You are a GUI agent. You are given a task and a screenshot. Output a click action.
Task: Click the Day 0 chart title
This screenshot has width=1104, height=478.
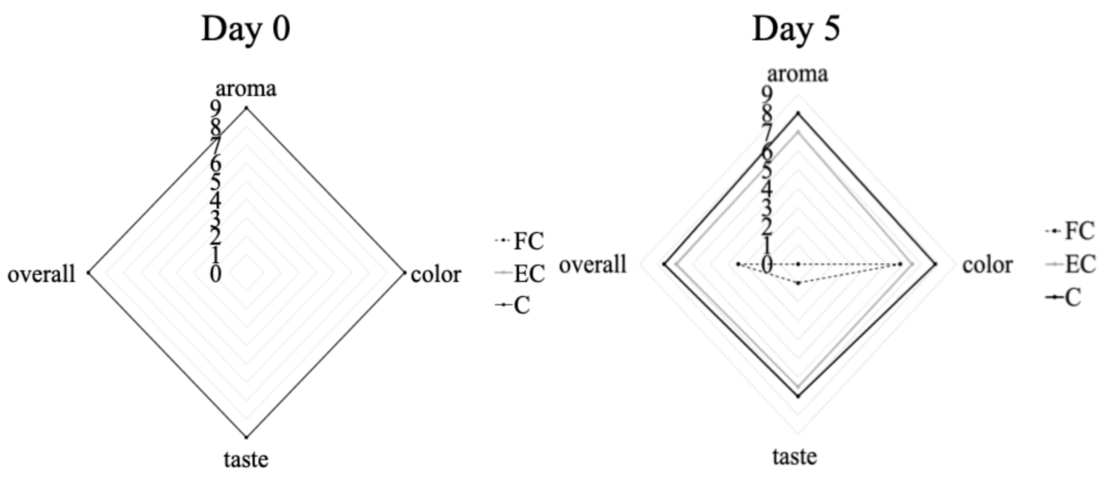pyautogui.click(x=245, y=29)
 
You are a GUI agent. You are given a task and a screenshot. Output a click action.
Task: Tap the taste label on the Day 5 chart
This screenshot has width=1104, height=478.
pyautogui.click(x=795, y=456)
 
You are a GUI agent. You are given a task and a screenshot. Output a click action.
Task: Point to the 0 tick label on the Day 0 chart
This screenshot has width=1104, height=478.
pyautogui.click(x=216, y=274)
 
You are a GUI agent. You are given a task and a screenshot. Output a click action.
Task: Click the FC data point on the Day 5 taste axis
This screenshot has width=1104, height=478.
pyautogui.click(x=798, y=283)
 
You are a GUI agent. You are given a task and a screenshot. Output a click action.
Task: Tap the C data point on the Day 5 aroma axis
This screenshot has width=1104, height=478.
pyautogui.click(x=798, y=113)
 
